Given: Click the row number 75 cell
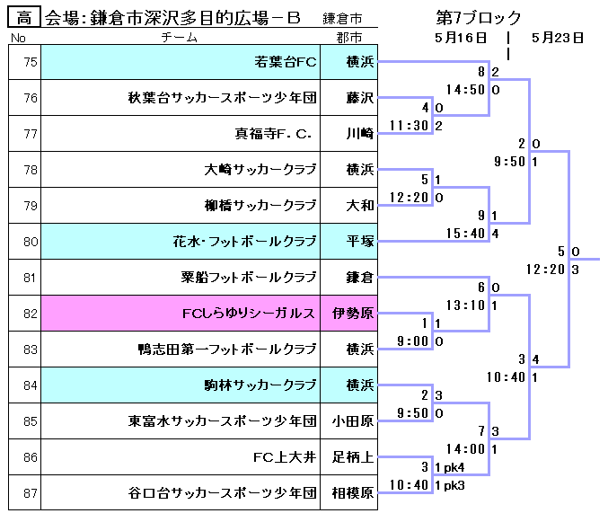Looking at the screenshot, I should pyautogui.click(x=25, y=62).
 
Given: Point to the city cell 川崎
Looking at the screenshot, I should pyautogui.click(x=359, y=134).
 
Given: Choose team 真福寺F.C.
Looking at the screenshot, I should pyautogui.click(x=273, y=134).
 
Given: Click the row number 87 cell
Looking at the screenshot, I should pyautogui.click(x=25, y=493).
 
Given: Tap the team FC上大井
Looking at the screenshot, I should pyautogui.click(x=285, y=457).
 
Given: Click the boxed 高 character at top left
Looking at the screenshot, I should pyautogui.click(x=24, y=18).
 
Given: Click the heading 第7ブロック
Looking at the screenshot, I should pyautogui.click(x=478, y=18).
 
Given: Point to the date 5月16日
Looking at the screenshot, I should pyautogui.click(x=460, y=38).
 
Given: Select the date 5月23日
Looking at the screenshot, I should pyautogui.click(x=558, y=38).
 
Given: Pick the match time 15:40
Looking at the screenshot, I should pyautogui.click(x=464, y=234).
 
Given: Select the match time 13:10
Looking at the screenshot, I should pyautogui.click(x=464, y=305).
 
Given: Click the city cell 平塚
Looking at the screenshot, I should pyautogui.click(x=359, y=242).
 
